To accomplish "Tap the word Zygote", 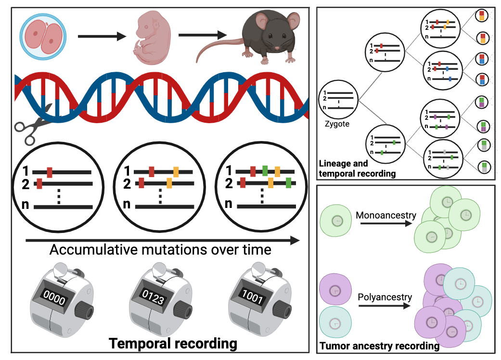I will [x=336, y=124].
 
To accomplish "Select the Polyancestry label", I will [x=385, y=297].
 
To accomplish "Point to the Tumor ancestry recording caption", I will [x=379, y=346].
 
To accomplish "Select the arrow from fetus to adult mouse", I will [x=202, y=35].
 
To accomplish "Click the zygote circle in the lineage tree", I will [x=338, y=99].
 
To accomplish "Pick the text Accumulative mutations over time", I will [x=160, y=250].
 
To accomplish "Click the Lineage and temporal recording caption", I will [x=357, y=168].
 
